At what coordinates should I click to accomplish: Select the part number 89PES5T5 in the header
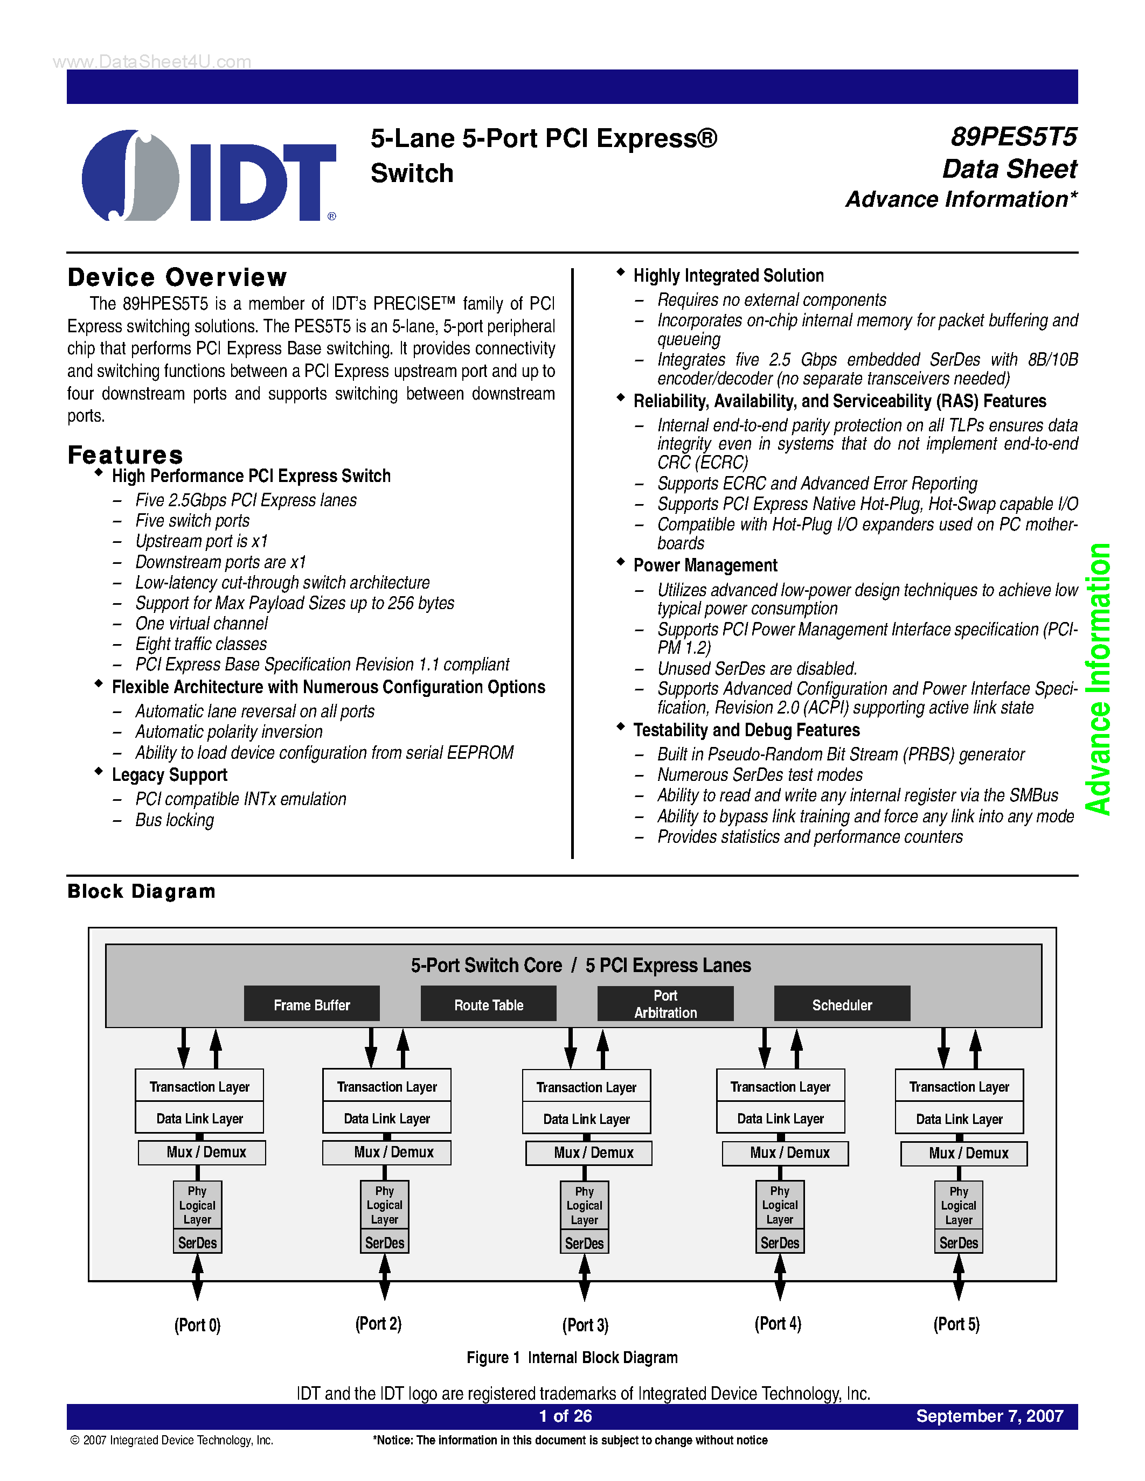1013,137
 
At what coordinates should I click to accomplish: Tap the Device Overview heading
177,277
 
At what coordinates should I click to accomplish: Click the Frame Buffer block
311,1004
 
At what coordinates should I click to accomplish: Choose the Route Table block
488,1004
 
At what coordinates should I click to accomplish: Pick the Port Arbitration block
665,1004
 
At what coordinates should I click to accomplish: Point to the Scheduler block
842,1004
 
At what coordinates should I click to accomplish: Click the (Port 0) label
197,1324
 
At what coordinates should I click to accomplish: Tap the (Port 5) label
956,1324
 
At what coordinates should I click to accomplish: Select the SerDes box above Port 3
584,1243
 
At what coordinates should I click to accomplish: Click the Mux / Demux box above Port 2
387,1152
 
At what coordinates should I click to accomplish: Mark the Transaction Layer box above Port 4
780,1086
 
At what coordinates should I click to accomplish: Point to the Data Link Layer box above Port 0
199,1118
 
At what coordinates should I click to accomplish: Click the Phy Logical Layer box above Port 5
959,1205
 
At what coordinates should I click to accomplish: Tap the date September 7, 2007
990,1416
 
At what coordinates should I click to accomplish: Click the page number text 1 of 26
565,1416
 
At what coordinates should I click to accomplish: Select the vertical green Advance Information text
1098,678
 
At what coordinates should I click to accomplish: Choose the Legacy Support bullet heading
170,775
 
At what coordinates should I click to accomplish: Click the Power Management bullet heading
705,565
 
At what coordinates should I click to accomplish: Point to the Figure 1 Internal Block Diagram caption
572,1357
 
